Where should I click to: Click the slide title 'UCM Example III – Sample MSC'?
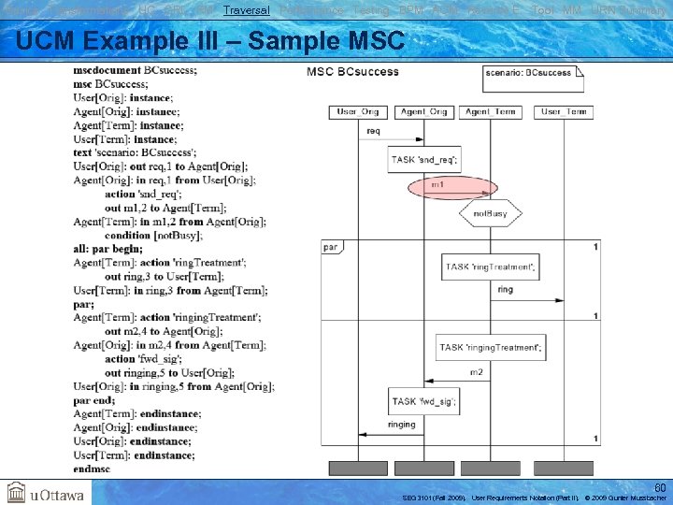click(x=210, y=41)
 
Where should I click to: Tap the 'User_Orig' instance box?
click(x=358, y=112)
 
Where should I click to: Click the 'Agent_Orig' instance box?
click(x=423, y=112)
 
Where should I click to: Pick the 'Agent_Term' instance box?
click(x=491, y=112)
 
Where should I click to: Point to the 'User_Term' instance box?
click(x=564, y=112)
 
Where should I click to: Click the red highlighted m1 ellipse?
click(x=452, y=188)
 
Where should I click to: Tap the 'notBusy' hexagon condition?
click(x=490, y=213)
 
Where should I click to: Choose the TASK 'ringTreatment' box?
click(x=490, y=267)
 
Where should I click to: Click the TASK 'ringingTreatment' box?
click(x=490, y=348)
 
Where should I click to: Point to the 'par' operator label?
click(x=331, y=247)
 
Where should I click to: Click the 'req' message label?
click(x=373, y=131)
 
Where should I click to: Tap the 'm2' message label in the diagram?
click(x=476, y=372)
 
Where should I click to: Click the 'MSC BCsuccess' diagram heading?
click(x=352, y=72)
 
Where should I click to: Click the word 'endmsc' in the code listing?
click(x=92, y=469)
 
